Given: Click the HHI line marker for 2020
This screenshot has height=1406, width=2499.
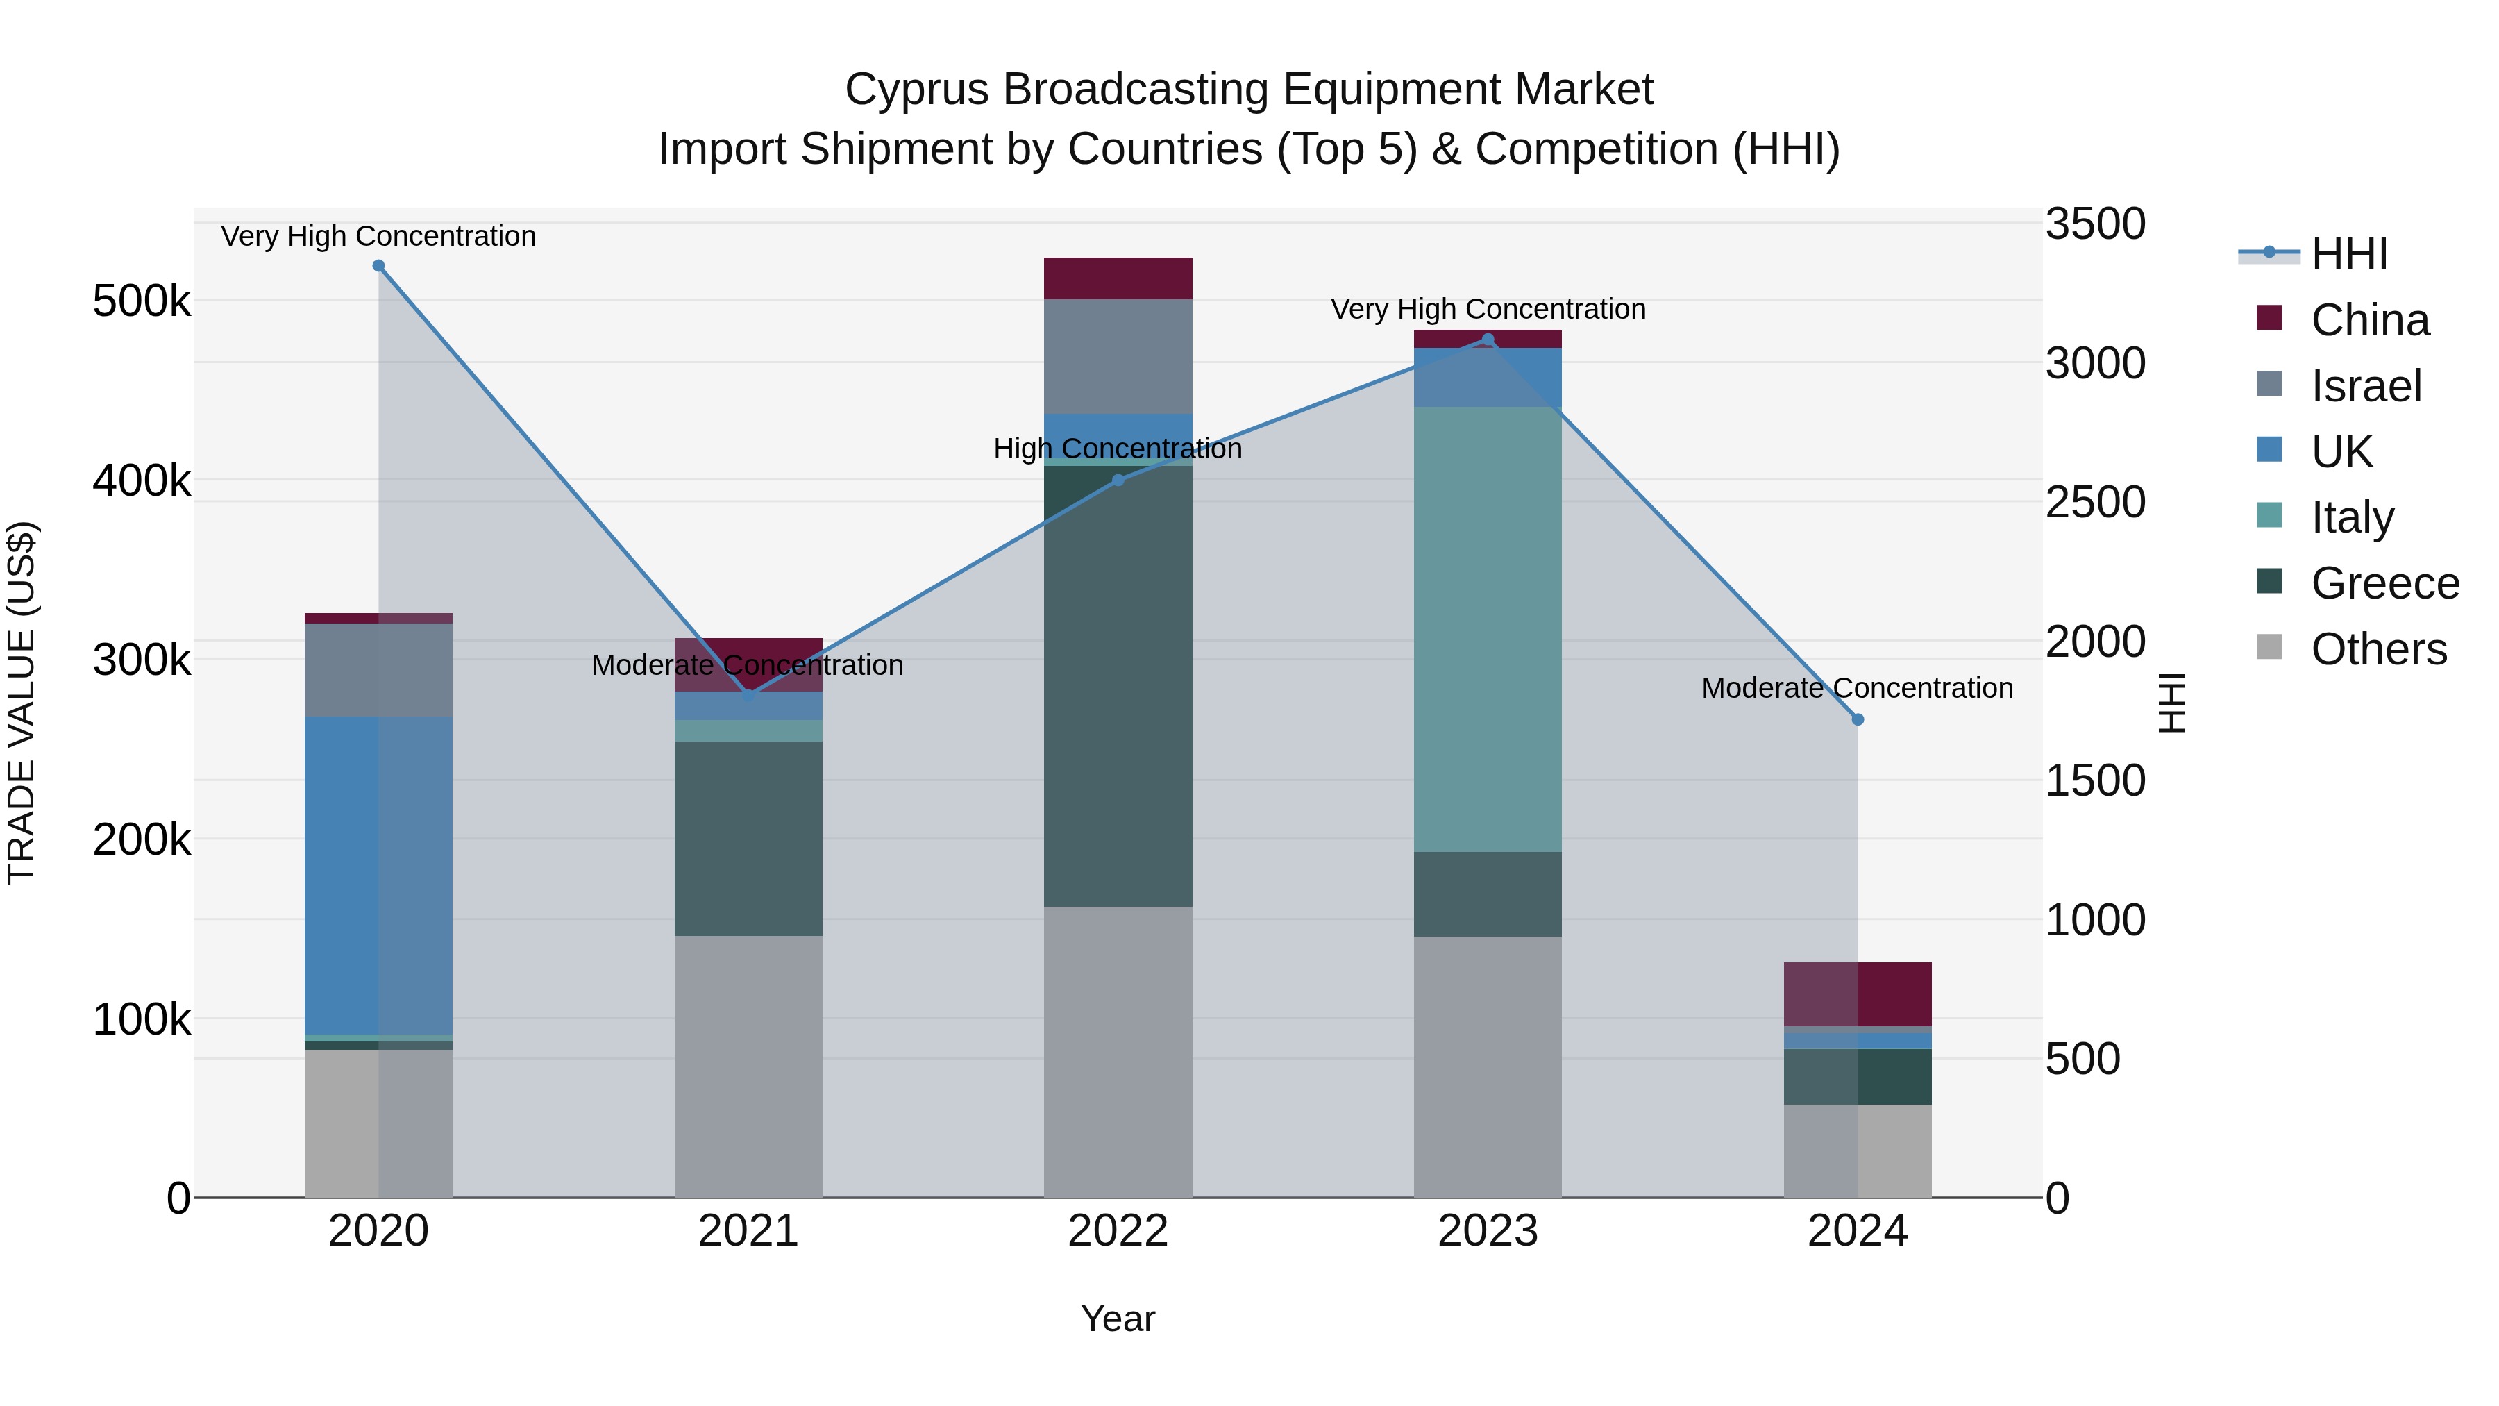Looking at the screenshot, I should coord(378,266).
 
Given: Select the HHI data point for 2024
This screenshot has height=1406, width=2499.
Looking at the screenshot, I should coord(1857,720).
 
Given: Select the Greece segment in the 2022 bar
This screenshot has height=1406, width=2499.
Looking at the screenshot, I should coord(1118,686).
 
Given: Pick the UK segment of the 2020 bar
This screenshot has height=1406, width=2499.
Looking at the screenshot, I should coord(378,876).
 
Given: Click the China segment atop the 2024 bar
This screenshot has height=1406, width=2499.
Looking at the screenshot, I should coord(1857,994).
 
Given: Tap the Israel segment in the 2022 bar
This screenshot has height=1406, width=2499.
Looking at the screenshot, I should coord(1118,356).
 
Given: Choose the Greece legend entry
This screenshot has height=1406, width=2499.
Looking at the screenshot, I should coord(2384,583).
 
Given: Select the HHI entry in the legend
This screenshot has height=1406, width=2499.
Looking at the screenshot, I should coord(2348,254).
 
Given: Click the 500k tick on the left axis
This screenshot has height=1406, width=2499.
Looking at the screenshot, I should coord(142,301).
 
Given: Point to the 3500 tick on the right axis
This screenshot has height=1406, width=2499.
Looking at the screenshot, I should coord(2096,224).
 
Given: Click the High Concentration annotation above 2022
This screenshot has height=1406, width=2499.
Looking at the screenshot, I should coord(1118,449).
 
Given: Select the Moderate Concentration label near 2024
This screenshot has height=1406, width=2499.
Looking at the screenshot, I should coord(1857,688).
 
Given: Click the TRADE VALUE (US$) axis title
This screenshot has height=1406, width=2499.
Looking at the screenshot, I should coord(22,703).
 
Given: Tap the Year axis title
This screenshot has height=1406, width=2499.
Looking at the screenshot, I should coord(1118,1319).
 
